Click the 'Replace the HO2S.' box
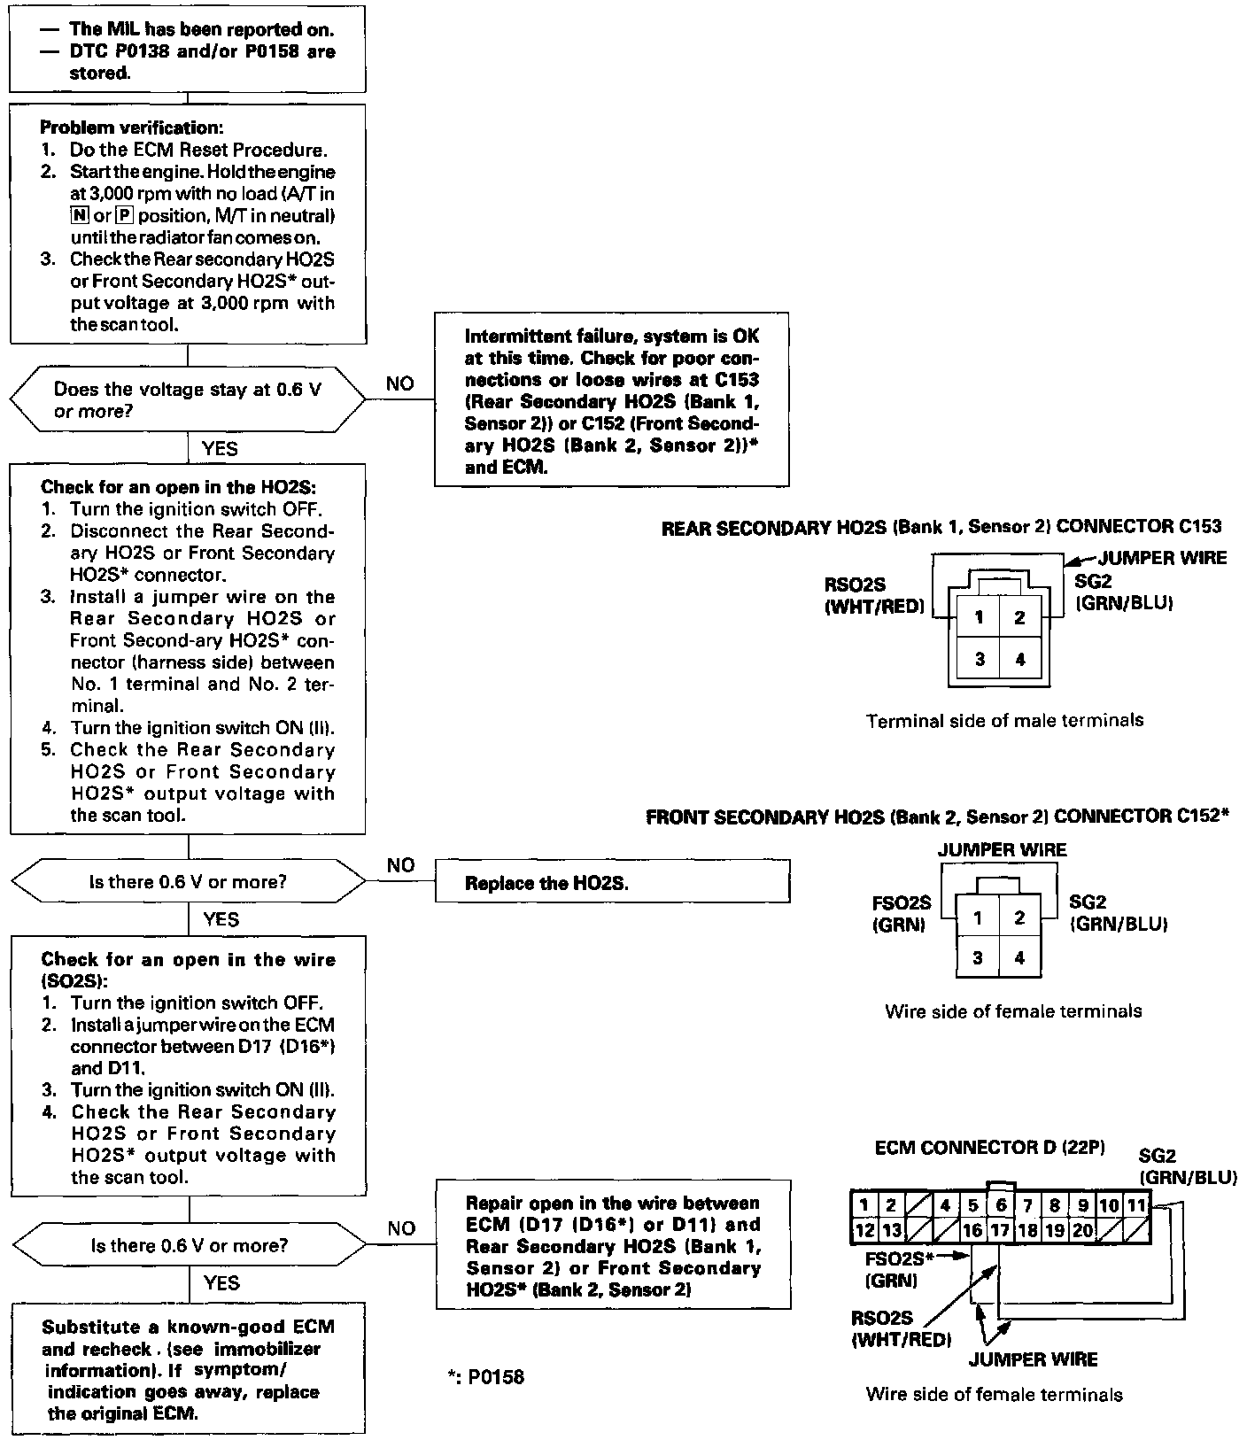pyautogui.click(x=612, y=883)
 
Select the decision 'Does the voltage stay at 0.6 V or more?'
pyautogui.click(x=187, y=400)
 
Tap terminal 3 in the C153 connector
pyautogui.click(x=979, y=659)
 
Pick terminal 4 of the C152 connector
pyautogui.click(x=1019, y=957)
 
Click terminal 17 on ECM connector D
pyautogui.click(x=999, y=1229)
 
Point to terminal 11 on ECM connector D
pyautogui.click(x=1136, y=1205)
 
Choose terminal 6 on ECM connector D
pyautogui.click(x=1000, y=1205)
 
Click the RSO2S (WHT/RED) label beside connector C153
pyautogui.click(x=873, y=596)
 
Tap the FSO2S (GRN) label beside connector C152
pyautogui.click(x=901, y=914)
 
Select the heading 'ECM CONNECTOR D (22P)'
pyautogui.click(x=989, y=1148)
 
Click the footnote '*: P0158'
pyautogui.click(x=486, y=1377)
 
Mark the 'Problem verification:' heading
pyautogui.click(x=132, y=128)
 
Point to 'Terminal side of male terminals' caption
pyautogui.click(x=1004, y=721)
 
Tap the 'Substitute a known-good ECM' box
pyautogui.click(x=188, y=1368)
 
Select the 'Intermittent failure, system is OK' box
pyautogui.click(x=611, y=400)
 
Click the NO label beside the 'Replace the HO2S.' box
pyautogui.click(x=400, y=865)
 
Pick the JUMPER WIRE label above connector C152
pyautogui.click(x=1002, y=850)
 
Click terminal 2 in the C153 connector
pyautogui.click(x=1019, y=618)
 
